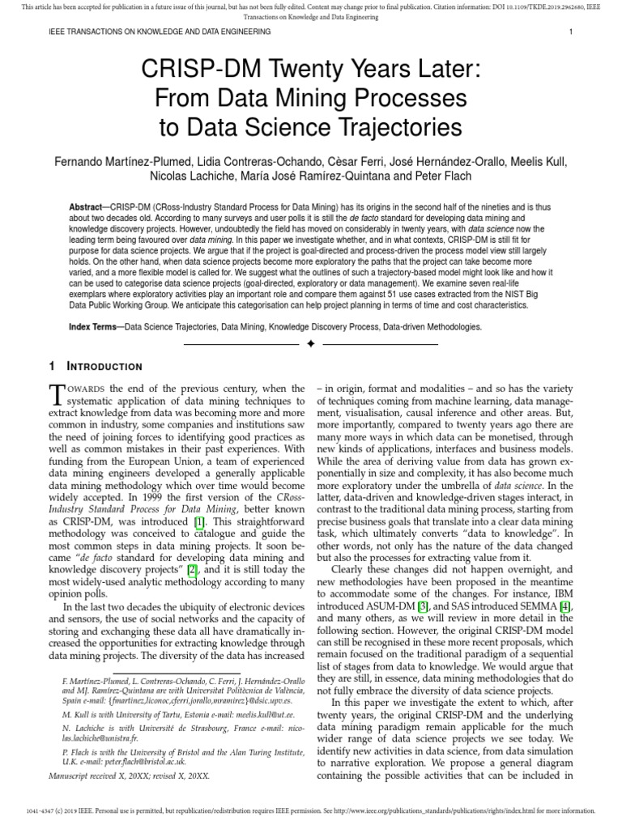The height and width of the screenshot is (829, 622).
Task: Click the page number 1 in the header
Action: tap(571, 32)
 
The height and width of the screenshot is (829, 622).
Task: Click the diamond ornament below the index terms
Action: tap(310, 344)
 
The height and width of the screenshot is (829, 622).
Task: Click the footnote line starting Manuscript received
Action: tap(129, 776)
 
